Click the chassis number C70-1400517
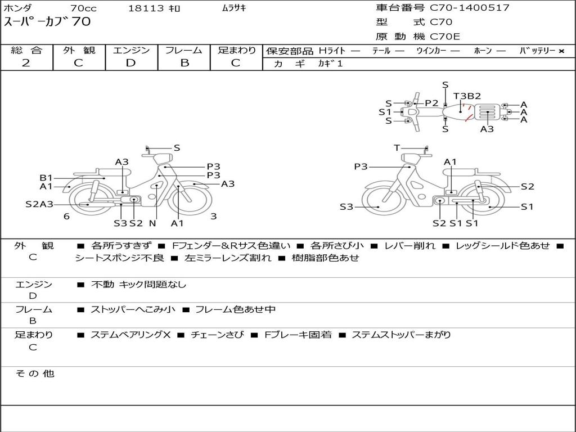pyautogui.click(x=470, y=8)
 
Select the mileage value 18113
pyautogui.click(x=146, y=8)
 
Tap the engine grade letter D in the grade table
pyautogui.click(x=130, y=63)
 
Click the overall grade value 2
pyautogui.click(x=26, y=63)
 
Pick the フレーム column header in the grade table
pyautogui.click(x=184, y=50)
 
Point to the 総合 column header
pyautogui.click(x=26, y=50)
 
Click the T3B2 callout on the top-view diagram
pyautogui.click(x=467, y=96)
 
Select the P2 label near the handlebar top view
pyautogui.click(x=431, y=103)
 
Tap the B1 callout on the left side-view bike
pyautogui.click(x=46, y=178)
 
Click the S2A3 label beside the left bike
pyautogui.click(x=39, y=204)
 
